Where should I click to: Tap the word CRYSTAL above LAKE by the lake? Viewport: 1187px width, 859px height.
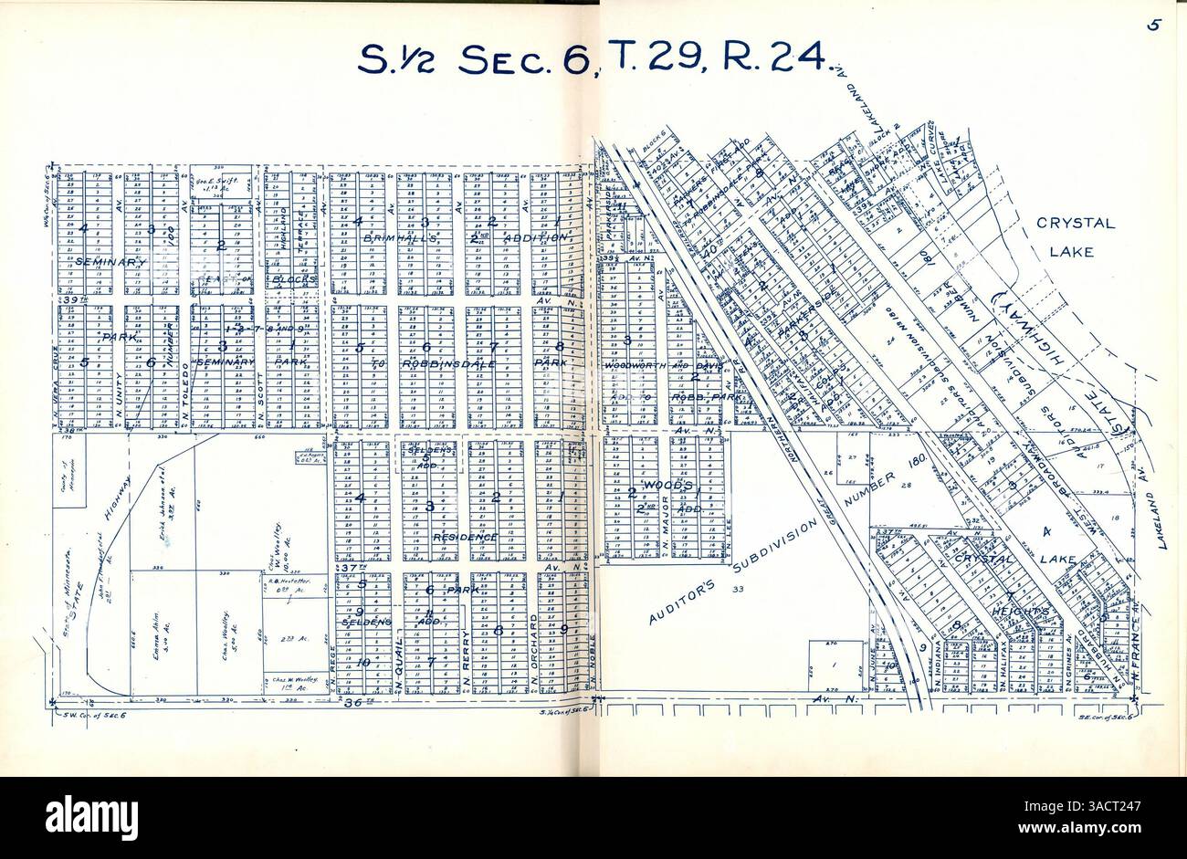(x=1076, y=224)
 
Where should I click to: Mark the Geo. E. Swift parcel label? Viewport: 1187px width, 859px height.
(x=218, y=183)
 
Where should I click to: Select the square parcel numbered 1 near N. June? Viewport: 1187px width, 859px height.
(x=835, y=666)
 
